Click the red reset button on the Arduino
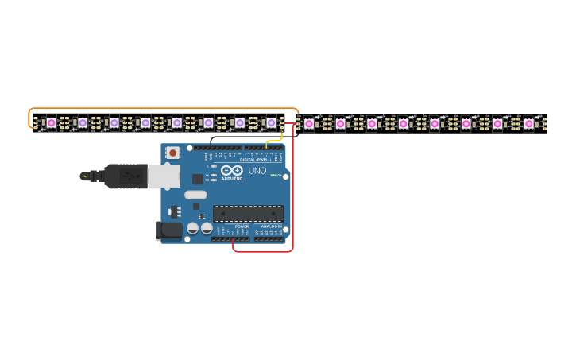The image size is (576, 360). (x=172, y=152)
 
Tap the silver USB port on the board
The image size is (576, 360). (x=163, y=176)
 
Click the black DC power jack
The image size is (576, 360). (x=168, y=230)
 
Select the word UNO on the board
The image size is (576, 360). (x=257, y=171)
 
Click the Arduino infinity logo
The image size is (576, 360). (x=232, y=171)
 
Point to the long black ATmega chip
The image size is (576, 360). (x=248, y=213)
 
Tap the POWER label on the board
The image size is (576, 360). (x=242, y=226)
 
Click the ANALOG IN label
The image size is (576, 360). (x=269, y=226)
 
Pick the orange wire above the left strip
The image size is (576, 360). (x=159, y=108)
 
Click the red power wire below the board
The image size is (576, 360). (x=262, y=251)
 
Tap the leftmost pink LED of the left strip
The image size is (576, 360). (x=52, y=122)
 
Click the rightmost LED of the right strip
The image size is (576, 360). (x=529, y=123)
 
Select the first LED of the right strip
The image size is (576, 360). (x=309, y=123)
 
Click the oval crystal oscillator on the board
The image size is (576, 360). (x=195, y=195)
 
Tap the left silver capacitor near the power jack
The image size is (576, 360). (x=192, y=228)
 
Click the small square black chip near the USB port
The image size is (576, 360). (x=196, y=180)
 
